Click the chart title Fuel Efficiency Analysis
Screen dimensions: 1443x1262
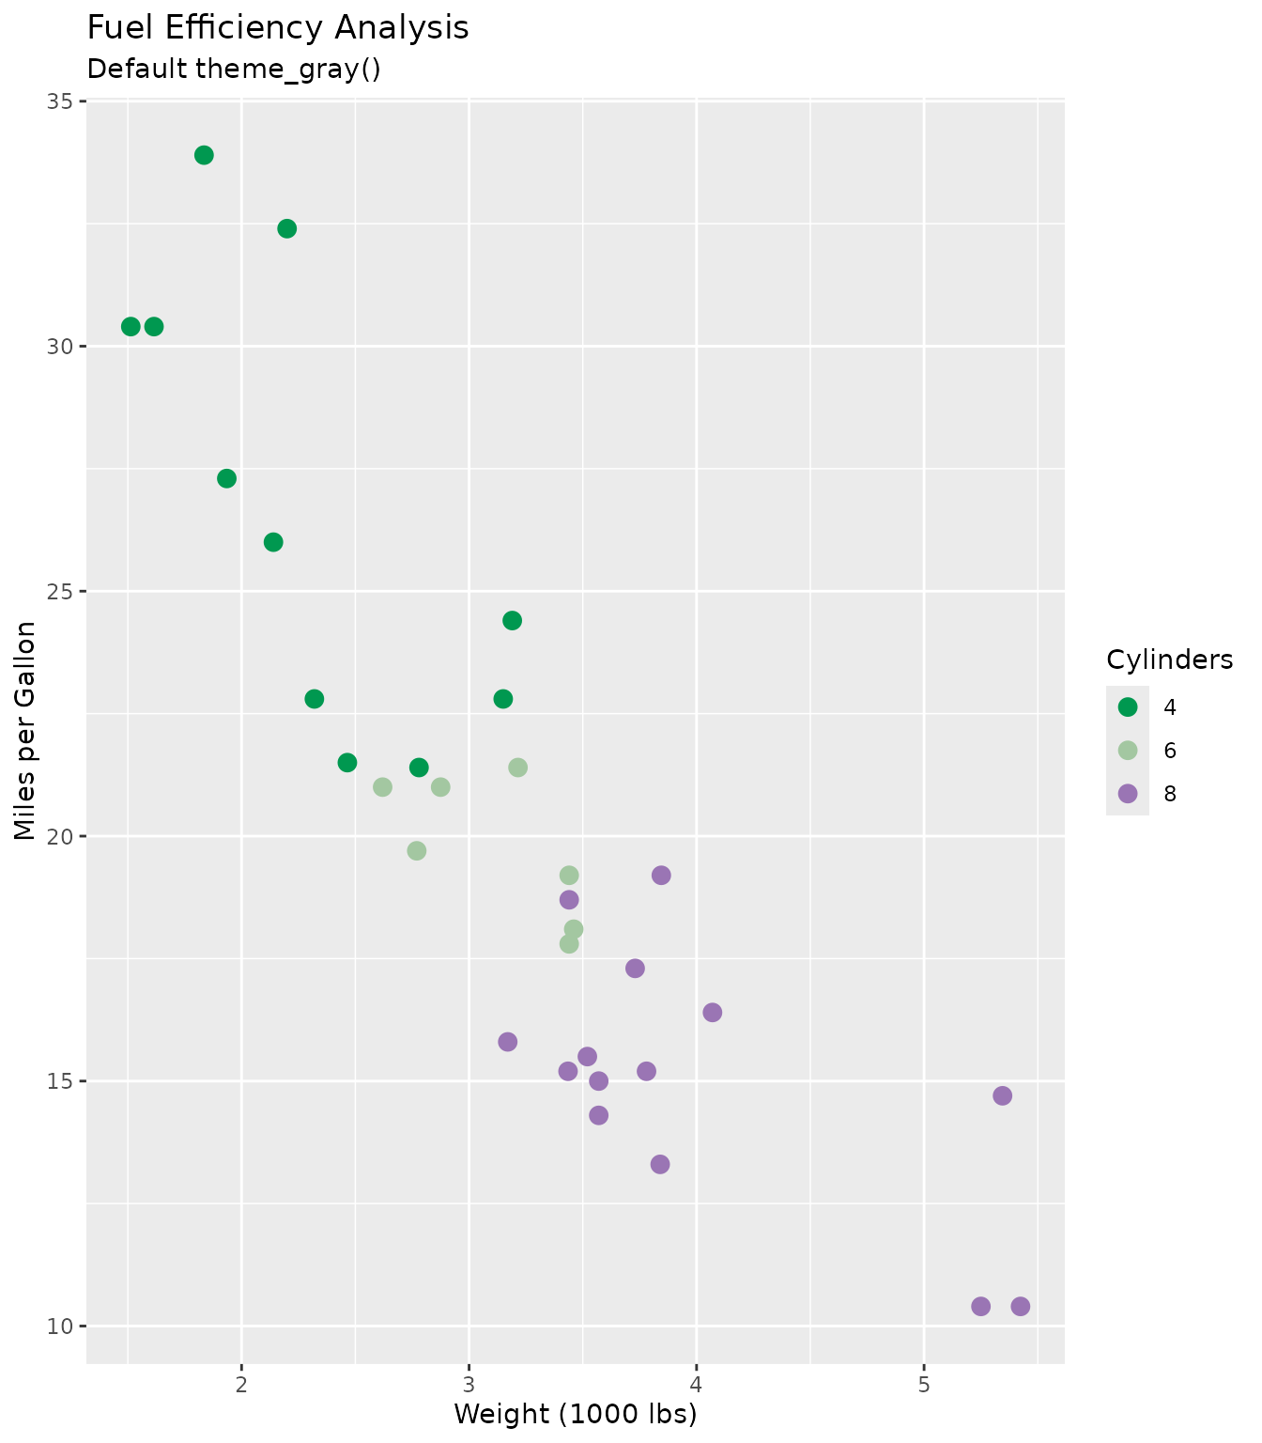pyautogui.click(x=278, y=28)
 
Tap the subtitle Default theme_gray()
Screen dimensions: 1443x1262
pyautogui.click(x=234, y=70)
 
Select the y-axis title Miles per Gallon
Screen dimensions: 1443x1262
pyautogui.click(x=25, y=731)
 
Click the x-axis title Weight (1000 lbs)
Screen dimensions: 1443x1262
pyautogui.click(x=576, y=1414)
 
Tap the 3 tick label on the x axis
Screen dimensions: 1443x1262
pyautogui.click(x=469, y=1387)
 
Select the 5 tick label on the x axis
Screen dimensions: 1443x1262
pyautogui.click(x=924, y=1387)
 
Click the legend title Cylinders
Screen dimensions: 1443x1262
pyautogui.click(x=1169, y=660)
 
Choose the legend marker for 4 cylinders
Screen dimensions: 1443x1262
pyautogui.click(x=1128, y=706)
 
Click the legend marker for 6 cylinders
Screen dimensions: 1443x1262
pyautogui.click(x=1128, y=750)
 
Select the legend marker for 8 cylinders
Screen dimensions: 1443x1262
pyautogui.click(x=1128, y=794)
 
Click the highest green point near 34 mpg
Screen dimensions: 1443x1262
pyautogui.click(x=204, y=155)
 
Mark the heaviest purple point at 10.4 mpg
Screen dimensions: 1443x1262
pyautogui.click(x=1021, y=1306)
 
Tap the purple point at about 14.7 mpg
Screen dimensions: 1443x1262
pyautogui.click(x=1003, y=1095)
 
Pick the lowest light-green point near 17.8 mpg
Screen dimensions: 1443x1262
pyautogui.click(x=569, y=943)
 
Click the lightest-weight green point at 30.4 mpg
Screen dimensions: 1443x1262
pyautogui.click(x=131, y=326)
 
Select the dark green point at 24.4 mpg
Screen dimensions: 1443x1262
pyautogui.click(x=512, y=620)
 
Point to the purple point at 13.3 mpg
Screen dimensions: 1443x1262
pyautogui.click(x=660, y=1164)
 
